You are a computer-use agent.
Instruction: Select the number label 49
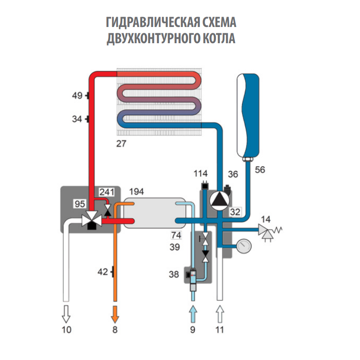(77, 95)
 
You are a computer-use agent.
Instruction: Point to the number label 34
(77, 119)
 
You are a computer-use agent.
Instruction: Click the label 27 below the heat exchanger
(121, 144)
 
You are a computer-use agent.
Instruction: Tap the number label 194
(136, 192)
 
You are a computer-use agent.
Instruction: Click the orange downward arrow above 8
(115, 314)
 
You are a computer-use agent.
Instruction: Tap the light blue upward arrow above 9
(193, 314)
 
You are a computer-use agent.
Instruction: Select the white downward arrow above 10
(66, 314)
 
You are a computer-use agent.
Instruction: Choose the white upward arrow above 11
(220, 314)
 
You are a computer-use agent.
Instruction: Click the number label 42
(103, 272)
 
